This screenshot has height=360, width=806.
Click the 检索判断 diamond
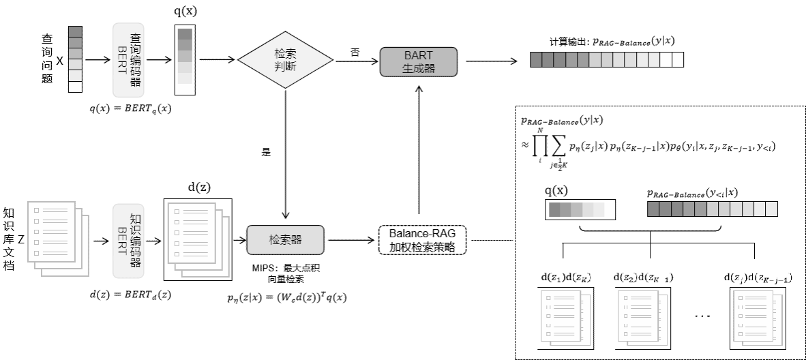coord(285,60)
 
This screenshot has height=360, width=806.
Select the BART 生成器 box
coord(418,62)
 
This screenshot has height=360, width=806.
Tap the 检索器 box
coord(285,240)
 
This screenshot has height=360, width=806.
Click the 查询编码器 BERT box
coord(128,60)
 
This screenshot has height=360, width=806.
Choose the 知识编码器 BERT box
coord(128,240)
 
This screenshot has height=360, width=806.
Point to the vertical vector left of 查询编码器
coord(75,59)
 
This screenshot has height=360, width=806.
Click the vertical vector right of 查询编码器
coord(185,61)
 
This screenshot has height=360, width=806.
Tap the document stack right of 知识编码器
coord(198,239)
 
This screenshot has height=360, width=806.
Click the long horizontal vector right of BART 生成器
coord(607,60)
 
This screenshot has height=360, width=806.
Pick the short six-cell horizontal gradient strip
coord(582,210)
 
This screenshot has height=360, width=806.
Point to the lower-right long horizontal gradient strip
coord(713,209)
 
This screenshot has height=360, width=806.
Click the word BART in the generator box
coord(418,56)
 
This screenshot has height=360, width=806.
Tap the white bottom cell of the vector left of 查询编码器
coord(75,87)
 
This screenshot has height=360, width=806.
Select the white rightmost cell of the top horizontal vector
coord(677,60)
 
